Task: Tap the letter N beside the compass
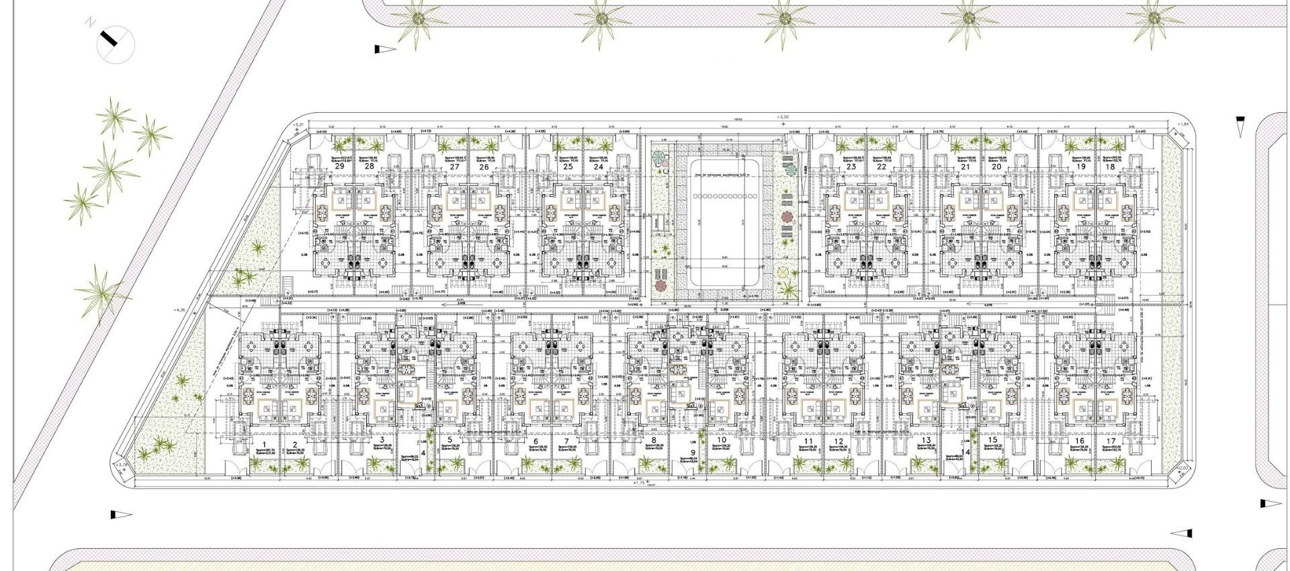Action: [89, 23]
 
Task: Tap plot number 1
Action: [265, 445]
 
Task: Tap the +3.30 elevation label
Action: [781, 117]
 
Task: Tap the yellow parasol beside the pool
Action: [783, 272]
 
